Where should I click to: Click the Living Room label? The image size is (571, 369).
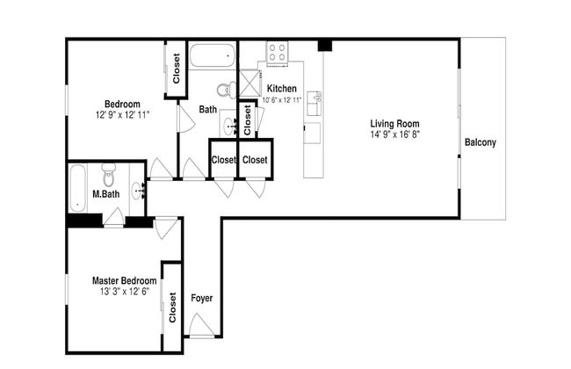[394, 124]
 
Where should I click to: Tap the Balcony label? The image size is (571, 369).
[481, 142]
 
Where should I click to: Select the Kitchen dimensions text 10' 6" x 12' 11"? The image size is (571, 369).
[282, 100]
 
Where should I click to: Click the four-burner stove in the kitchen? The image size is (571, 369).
[277, 53]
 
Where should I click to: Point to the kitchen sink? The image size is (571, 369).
[314, 103]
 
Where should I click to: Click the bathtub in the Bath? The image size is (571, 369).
[213, 55]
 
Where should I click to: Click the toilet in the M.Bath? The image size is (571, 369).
[109, 175]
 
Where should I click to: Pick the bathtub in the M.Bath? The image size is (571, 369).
[77, 188]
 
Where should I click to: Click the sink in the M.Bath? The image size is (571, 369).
[139, 191]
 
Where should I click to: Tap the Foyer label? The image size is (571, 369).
[202, 299]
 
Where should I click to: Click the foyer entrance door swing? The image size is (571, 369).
[199, 324]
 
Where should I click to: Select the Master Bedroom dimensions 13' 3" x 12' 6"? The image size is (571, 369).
[125, 292]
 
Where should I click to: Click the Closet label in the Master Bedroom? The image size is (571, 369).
[172, 307]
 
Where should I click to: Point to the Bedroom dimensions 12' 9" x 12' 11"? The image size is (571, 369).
[123, 115]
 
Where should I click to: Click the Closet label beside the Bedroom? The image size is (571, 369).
[177, 69]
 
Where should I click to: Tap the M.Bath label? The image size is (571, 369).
[106, 194]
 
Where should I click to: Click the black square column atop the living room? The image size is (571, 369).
[325, 45]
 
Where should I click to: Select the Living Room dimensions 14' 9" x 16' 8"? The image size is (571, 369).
[395, 134]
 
